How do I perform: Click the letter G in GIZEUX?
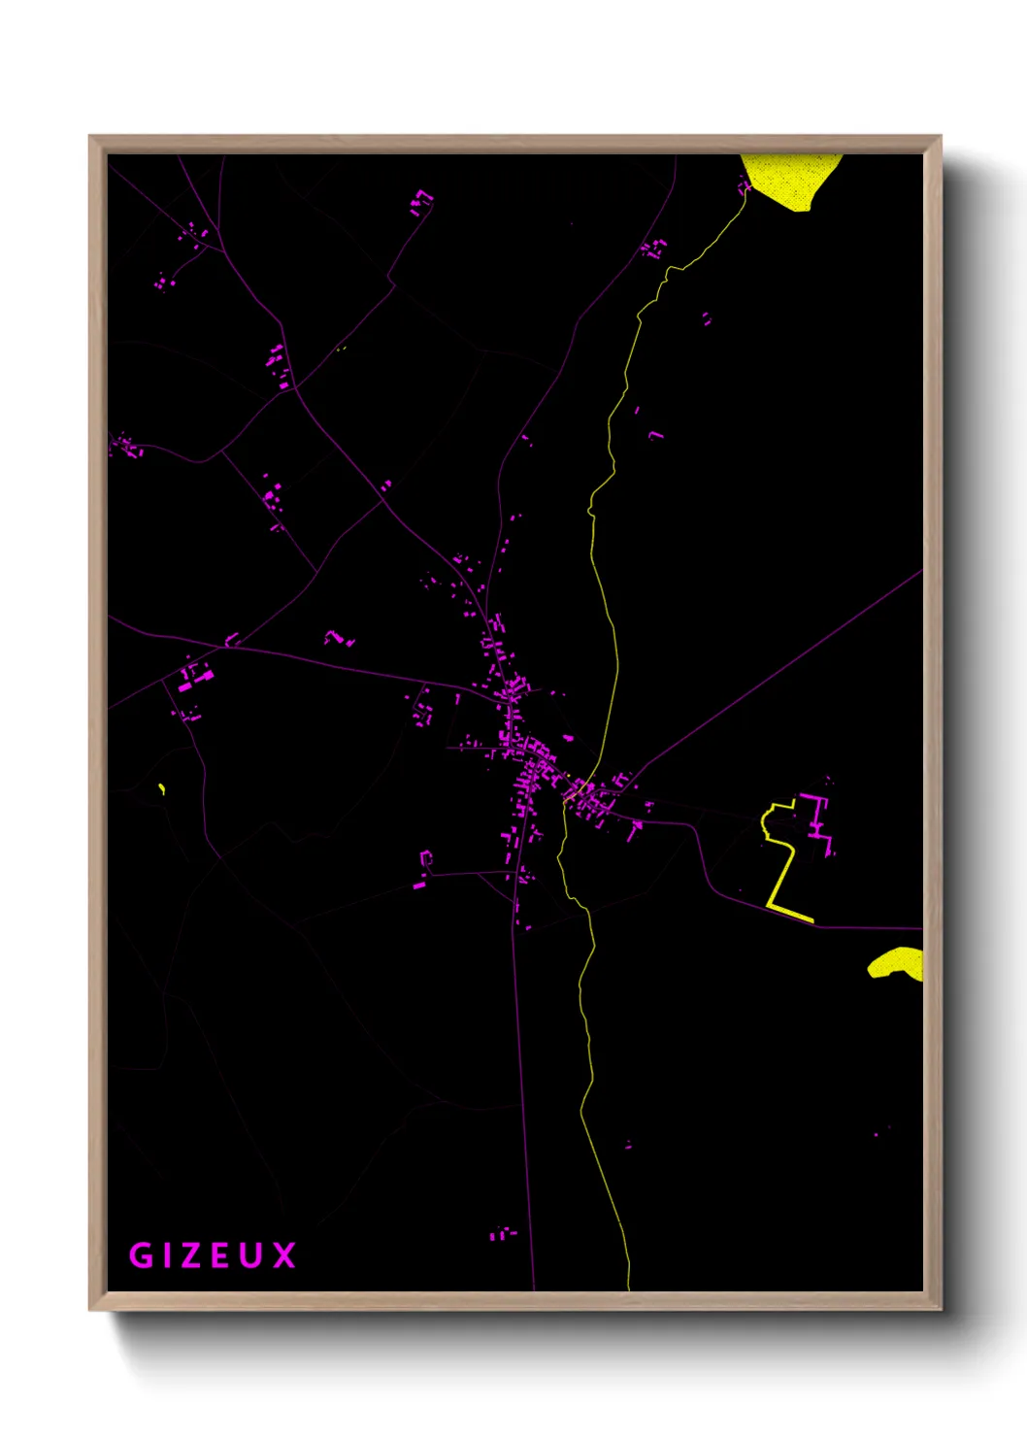141,1255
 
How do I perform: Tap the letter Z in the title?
190,1255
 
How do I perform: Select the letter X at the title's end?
283,1255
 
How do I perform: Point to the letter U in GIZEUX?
251,1255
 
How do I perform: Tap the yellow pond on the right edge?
898,963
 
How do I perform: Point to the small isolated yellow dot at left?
161,788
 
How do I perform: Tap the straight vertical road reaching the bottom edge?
524,1117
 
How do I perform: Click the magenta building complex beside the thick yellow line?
817,820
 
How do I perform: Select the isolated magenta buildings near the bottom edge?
501,1234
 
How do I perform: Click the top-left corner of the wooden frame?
91,138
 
